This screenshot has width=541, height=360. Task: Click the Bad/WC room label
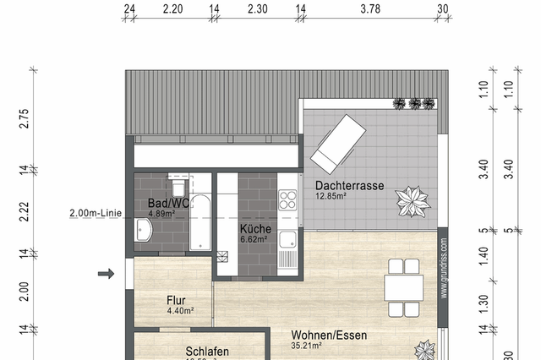(x=168, y=204)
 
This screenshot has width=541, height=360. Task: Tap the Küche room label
(x=254, y=229)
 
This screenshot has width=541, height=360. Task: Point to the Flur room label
(x=177, y=300)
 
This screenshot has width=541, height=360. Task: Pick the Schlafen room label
(x=207, y=352)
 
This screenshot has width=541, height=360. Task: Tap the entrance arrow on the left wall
(x=107, y=273)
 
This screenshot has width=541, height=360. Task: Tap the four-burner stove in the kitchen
(x=288, y=199)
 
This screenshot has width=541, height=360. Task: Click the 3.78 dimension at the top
(x=370, y=9)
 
